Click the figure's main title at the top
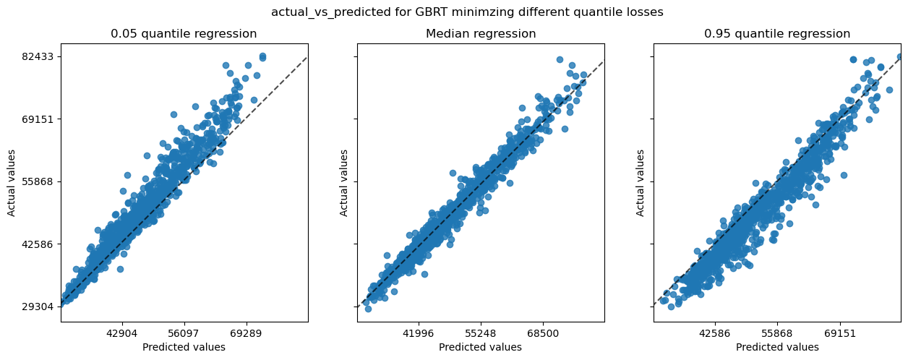tap(467, 12)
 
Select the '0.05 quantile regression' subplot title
tap(184, 34)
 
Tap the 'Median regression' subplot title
tap(481, 34)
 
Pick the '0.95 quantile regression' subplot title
tap(777, 34)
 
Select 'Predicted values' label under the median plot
tap(481, 348)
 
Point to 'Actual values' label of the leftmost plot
tap(12, 182)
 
